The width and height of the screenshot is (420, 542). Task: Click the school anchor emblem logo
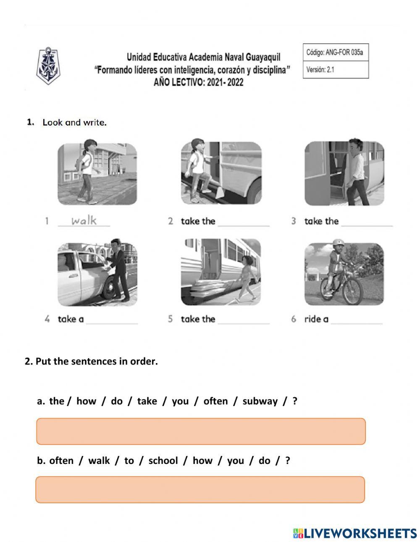click(x=48, y=67)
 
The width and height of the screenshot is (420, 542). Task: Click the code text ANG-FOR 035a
click(x=335, y=52)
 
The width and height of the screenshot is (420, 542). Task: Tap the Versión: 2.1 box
click(x=335, y=70)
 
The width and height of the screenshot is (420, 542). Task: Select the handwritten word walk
click(x=84, y=220)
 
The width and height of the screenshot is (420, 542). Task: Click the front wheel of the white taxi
click(x=110, y=287)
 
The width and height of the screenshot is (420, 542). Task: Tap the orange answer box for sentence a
click(x=201, y=431)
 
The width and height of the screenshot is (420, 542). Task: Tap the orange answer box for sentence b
click(x=200, y=490)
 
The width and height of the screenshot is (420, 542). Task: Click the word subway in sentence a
click(x=260, y=401)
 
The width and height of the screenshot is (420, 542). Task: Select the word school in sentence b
click(x=163, y=461)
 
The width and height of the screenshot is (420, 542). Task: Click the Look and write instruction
click(x=74, y=123)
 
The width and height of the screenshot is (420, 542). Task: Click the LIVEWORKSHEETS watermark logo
click(x=355, y=533)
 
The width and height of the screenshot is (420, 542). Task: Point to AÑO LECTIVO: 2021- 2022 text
click(x=198, y=82)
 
